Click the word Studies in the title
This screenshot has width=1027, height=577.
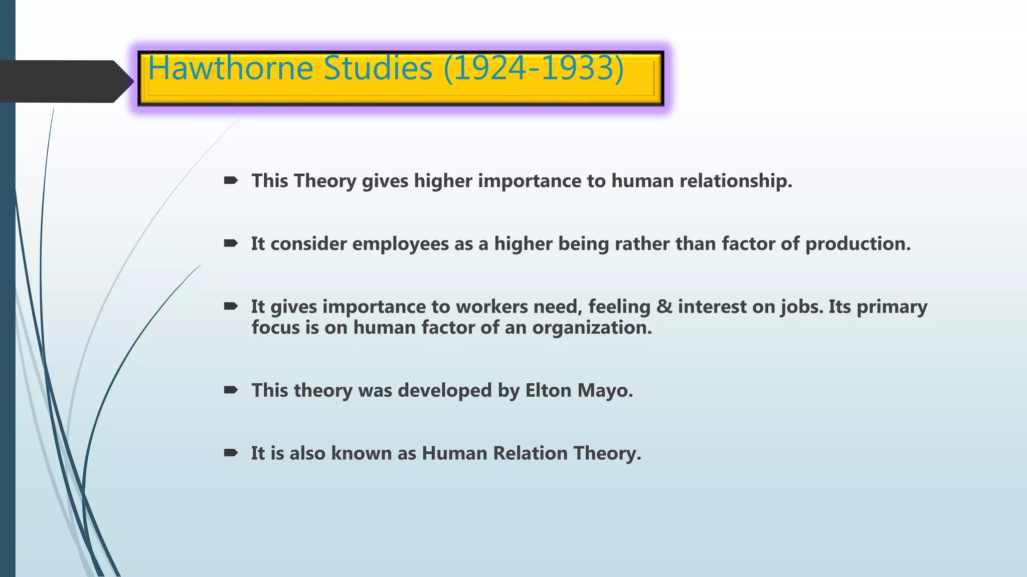click(378, 68)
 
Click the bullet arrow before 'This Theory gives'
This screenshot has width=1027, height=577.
click(231, 180)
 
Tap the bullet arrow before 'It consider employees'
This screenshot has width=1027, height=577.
click(231, 243)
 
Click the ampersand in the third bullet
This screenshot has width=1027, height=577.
click(664, 306)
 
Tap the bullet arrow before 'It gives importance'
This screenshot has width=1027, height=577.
click(231, 306)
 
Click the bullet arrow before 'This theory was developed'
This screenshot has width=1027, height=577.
click(231, 390)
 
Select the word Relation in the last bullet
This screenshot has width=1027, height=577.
click(530, 453)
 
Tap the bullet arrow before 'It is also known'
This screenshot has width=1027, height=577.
click(231, 453)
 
